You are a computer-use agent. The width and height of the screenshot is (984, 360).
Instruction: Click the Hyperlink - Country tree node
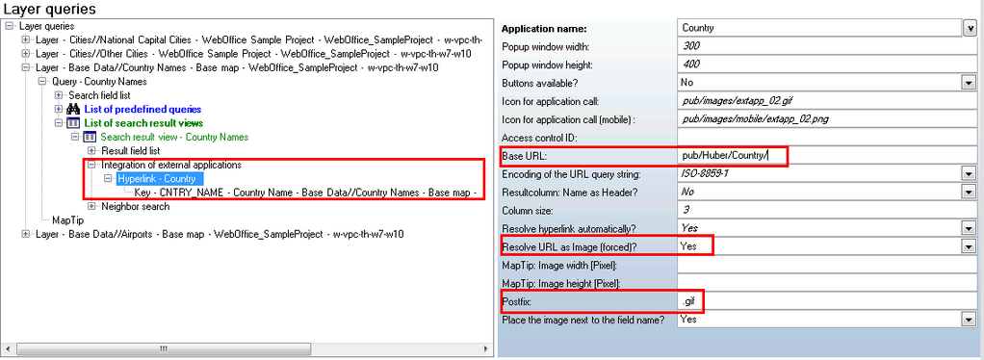pos(156,179)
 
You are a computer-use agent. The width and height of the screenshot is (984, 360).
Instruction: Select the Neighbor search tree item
pos(135,206)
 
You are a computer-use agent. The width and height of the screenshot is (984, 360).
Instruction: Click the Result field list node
pos(130,151)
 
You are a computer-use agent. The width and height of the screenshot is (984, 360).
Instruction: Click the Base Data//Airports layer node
pos(220,234)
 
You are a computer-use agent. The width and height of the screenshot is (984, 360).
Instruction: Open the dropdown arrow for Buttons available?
pos(969,83)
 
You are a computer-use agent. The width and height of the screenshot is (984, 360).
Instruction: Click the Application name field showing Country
pos(818,28)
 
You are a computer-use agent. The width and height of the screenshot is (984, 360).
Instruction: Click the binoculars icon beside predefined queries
pos(72,110)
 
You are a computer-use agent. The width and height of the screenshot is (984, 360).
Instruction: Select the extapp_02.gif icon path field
pos(818,101)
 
